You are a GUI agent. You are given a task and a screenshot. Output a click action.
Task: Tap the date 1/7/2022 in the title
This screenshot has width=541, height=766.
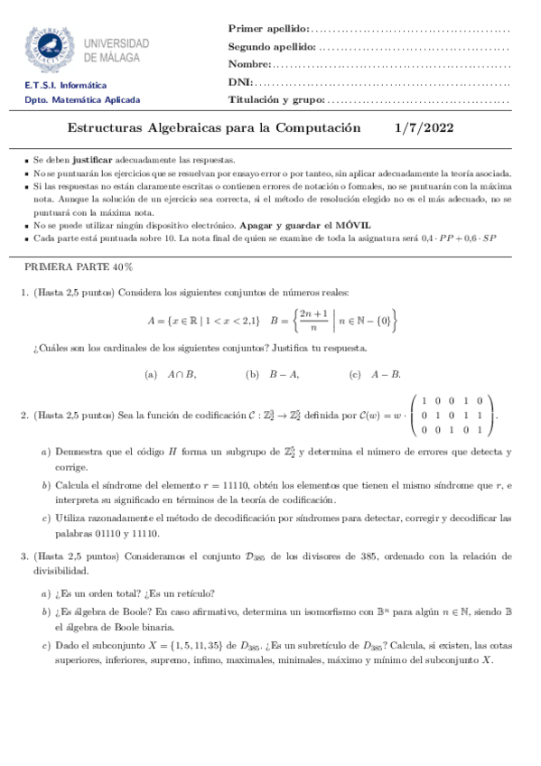click(427, 129)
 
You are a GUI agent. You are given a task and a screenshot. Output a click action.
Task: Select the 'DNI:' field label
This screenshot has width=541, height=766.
click(239, 82)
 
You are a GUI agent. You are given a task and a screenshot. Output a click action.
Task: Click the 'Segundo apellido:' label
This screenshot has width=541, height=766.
click(272, 47)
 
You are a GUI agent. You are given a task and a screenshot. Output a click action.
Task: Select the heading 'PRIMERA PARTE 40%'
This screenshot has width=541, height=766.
click(79, 267)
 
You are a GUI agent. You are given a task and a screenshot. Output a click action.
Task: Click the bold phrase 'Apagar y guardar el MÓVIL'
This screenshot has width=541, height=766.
click(304, 224)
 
